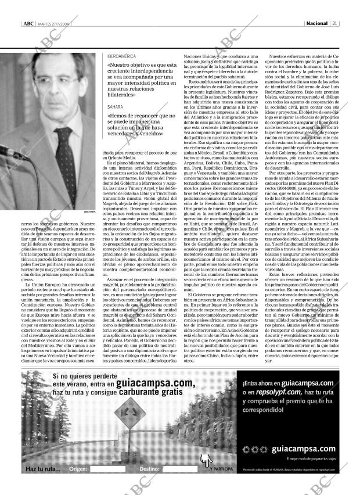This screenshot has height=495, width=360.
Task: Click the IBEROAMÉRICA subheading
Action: (x=121, y=55)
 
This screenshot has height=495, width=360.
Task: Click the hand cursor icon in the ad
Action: (x=204, y=461)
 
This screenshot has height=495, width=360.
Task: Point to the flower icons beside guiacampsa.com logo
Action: (x=253, y=449)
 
